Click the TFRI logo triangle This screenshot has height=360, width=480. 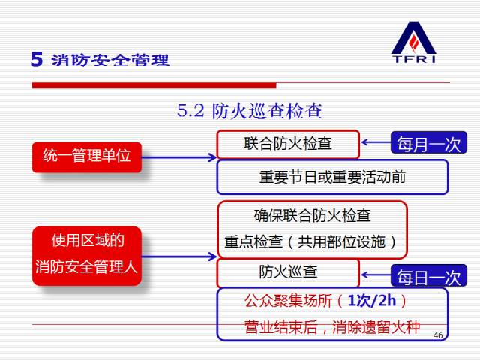click(x=413, y=37)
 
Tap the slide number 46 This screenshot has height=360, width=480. click(x=439, y=334)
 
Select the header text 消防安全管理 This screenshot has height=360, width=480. click(x=111, y=60)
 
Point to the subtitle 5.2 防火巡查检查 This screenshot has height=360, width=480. click(x=250, y=112)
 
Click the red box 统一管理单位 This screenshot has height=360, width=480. click(x=87, y=156)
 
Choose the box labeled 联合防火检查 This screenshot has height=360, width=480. click(x=288, y=143)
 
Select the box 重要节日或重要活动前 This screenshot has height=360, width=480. click(x=332, y=178)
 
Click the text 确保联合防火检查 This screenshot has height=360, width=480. click(x=313, y=216)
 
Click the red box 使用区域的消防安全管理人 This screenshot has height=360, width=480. click(x=87, y=255)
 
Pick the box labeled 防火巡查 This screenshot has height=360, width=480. click(x=288, y=271)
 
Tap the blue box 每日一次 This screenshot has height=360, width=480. click(x=428, y=277)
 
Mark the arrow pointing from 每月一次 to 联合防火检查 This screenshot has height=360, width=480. click(x=375, y=142)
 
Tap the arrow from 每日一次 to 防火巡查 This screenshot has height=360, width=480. click(x=375, y=274)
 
